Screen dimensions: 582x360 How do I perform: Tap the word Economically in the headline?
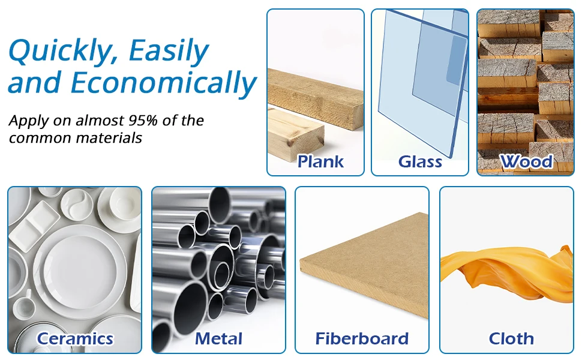point(163,83)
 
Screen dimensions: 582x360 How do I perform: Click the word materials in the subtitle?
point(109,138)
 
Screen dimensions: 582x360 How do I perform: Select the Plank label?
point(320,161)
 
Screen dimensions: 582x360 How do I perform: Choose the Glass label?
point(420,161)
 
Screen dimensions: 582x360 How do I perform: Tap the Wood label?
point(526,161)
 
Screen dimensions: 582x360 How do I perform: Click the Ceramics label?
point(74,338)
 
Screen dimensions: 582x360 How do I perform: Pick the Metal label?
point(218,338)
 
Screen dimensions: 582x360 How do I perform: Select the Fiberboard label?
point(362,338)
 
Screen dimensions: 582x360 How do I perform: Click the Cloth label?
point(511,338)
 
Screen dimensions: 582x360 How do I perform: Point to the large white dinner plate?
point(80,272)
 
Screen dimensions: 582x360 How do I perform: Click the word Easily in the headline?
point(169,51)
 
